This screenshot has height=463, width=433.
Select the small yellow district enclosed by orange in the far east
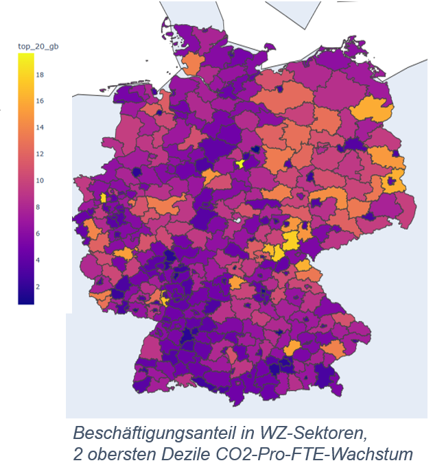point(393,183)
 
